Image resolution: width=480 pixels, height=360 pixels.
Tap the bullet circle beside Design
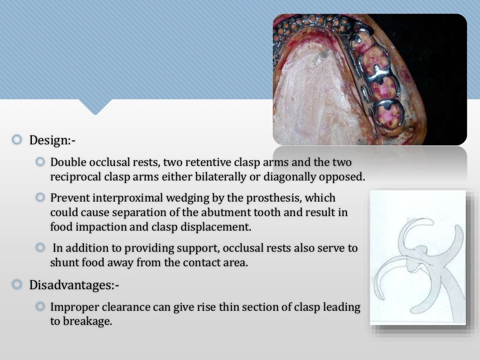(x=17, y=140)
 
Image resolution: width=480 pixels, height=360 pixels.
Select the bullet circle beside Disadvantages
(x=17, y=284)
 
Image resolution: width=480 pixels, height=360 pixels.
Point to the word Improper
(x=75, y=307)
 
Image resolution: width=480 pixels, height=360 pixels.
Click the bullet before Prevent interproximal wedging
(x=40, y=197)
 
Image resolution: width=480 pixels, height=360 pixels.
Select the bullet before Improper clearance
(x=40, y=307)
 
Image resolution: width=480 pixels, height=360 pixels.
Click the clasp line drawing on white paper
(x=418, y=257)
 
